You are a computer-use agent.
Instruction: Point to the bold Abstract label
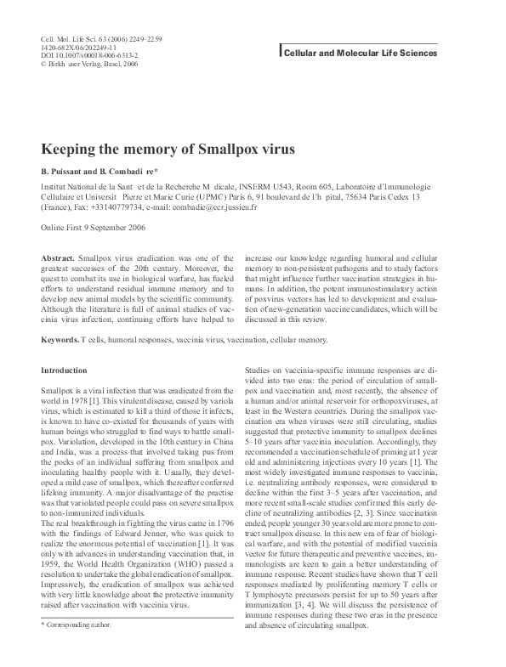[58, 256]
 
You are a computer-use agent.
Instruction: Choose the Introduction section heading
[64, 370]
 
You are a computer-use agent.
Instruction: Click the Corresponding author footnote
[80, 625]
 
